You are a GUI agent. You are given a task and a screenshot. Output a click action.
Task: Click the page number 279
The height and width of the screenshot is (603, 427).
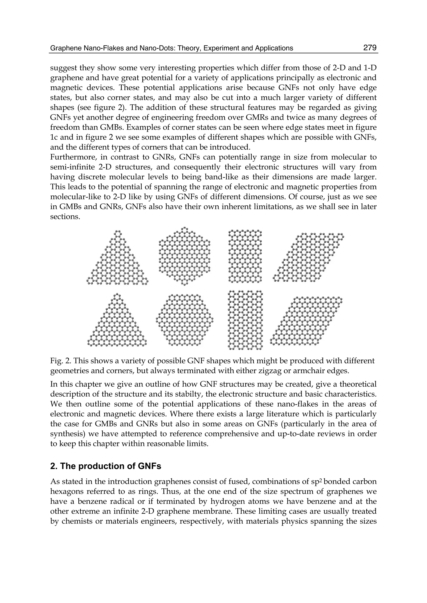coord(370,48)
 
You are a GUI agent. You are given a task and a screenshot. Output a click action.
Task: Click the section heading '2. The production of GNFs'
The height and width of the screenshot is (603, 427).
coord(105,466)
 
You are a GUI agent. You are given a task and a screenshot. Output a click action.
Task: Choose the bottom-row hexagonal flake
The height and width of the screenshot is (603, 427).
coord(185,320)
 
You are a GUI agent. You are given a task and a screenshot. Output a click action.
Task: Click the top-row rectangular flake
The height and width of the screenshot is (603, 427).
coord(245,256)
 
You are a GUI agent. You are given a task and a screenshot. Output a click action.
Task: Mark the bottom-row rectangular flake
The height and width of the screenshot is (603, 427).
coord(245,320)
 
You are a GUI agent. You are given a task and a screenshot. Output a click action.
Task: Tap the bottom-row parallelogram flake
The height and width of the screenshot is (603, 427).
coord(306,321)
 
